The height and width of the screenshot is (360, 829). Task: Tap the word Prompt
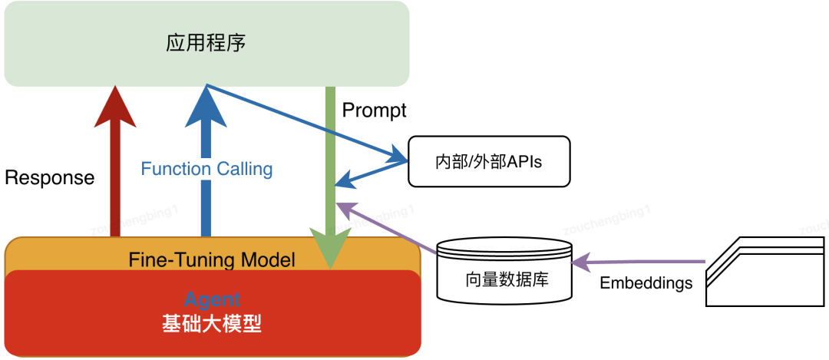click(x=374, y=110)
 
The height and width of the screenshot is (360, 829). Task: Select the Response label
click(x=49, y=178)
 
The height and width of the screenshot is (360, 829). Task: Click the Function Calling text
click(x=206, y=169)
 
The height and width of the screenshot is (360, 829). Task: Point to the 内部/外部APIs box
click(x=489, y=161)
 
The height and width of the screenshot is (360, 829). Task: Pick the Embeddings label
click(x=646, y=282)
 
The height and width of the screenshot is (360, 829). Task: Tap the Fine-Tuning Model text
click(x=212, y=259)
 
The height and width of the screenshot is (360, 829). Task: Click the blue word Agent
click(x=212, y=300)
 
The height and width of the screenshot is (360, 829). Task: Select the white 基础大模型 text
click(x=212, y=324)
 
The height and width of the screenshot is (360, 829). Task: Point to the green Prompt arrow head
click(x=331, y=249)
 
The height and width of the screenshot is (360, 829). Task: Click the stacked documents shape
click(x=766, y=272)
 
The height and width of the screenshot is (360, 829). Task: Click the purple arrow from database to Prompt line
click(x=388, y=228)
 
